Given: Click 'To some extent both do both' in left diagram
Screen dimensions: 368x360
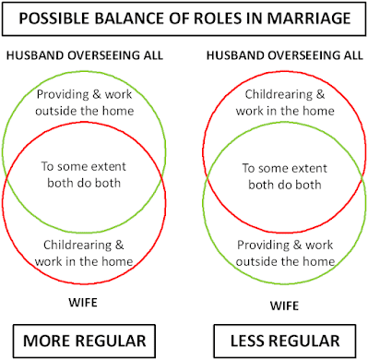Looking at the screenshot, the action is coord(86,174).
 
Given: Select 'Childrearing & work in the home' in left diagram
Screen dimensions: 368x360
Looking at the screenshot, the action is coord(86,249).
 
